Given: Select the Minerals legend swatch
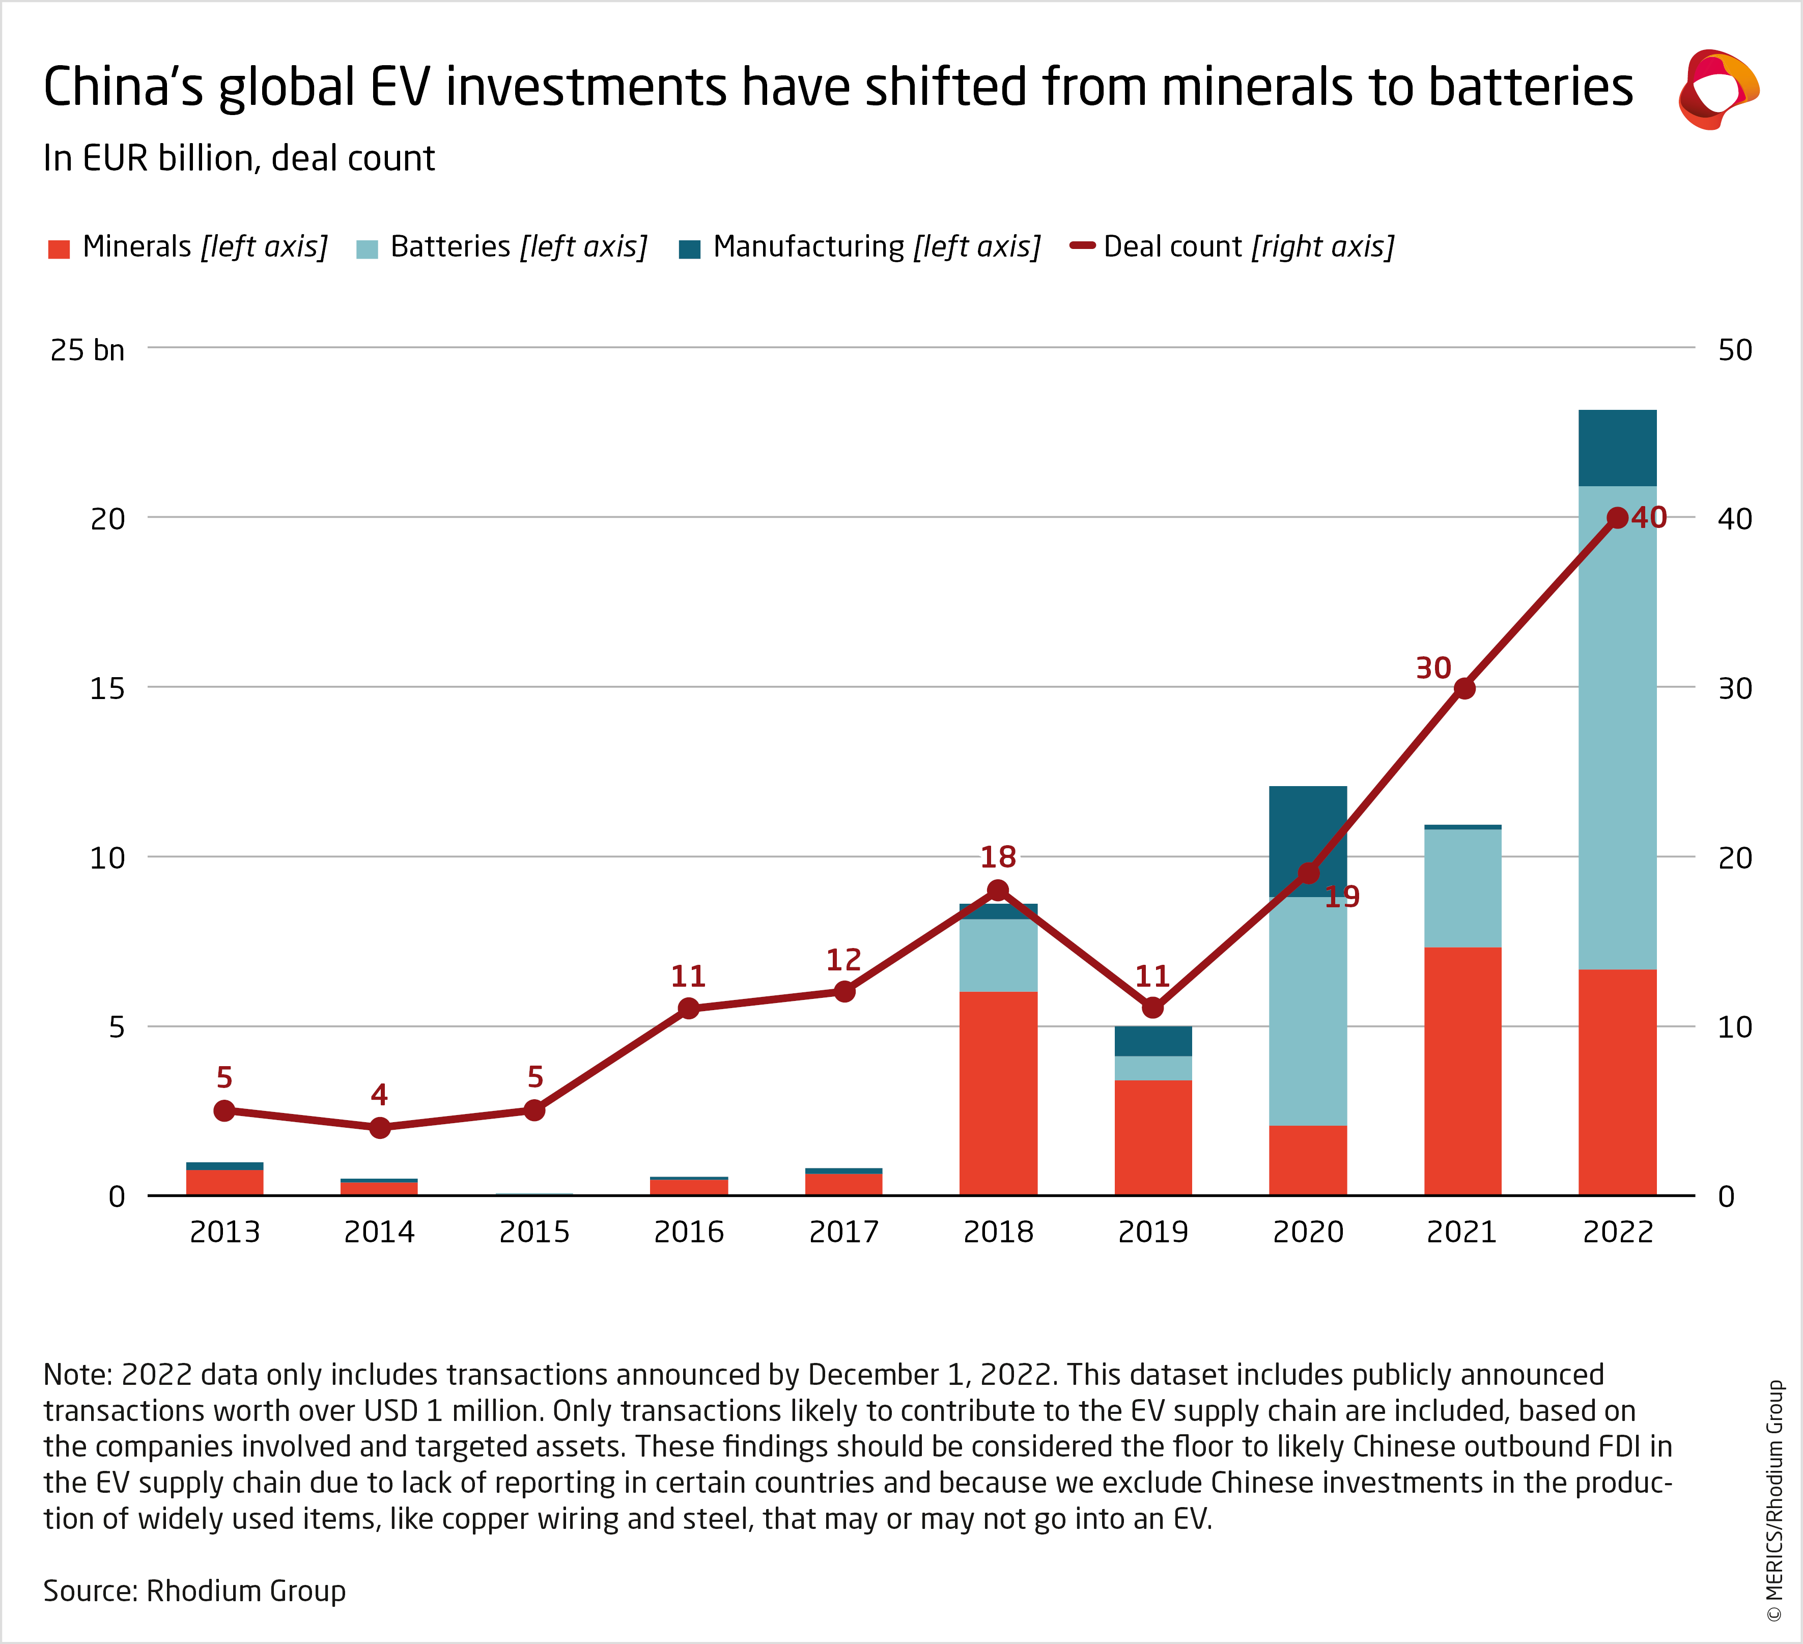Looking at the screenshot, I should (59, 248).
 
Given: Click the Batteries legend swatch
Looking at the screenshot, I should (367, 248).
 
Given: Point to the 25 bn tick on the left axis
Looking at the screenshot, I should (87, 350).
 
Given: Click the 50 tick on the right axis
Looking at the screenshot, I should (1734, 350).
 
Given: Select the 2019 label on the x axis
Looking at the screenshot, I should (1153, 1233).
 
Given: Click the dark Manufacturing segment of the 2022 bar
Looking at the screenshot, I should (1617, 447).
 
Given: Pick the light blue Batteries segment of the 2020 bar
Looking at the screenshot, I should (1308, 1011).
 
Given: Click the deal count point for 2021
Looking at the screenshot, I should (1463, 688).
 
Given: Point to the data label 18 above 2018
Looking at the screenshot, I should (998, 857).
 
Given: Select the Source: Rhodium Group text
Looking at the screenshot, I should (194, 1591).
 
